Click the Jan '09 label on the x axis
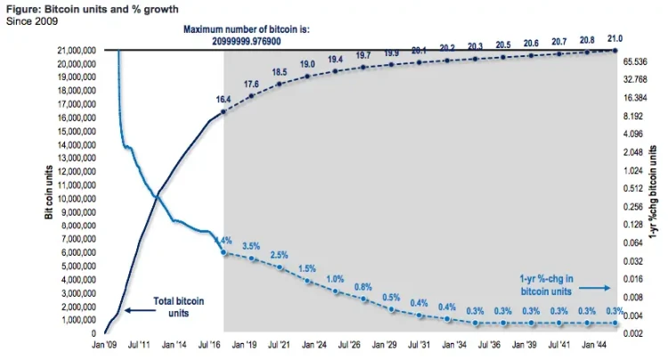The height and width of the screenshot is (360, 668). point(107,344)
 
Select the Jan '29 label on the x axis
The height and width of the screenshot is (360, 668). point(385,344)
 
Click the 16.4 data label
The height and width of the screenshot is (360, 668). point(224,100)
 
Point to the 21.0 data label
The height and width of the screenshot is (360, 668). point(615,39)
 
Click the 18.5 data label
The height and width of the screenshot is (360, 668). point(280,71)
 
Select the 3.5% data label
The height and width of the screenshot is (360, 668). point(252,246)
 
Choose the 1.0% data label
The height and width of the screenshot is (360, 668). point(335,279)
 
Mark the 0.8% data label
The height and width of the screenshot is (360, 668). point(363,286)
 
